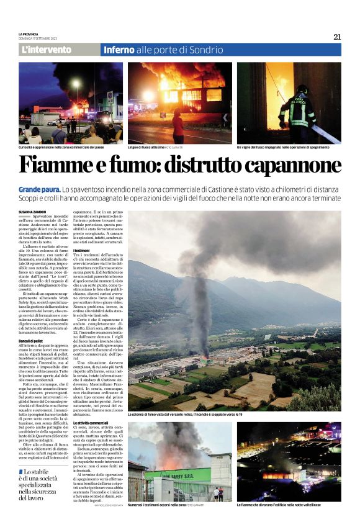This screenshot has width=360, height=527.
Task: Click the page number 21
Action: pos(337,37)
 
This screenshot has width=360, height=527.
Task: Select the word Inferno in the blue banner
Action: pos(119,50)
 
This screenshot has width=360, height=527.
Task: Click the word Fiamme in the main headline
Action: pos(60,165)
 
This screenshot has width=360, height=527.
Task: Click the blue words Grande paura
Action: pos(38,188)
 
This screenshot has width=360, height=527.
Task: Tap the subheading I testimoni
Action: pos(82,251)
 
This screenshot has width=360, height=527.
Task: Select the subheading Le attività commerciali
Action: pos(91,423)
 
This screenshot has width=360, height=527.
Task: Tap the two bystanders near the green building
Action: pos(218,493)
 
